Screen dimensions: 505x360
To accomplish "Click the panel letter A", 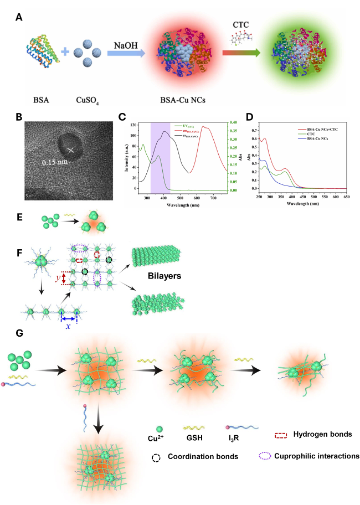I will point(19,18).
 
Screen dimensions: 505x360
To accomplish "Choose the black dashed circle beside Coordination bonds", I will point(156,457).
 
